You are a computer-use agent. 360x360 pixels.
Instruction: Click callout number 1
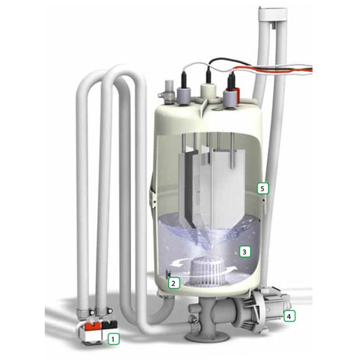[x=114, y=339]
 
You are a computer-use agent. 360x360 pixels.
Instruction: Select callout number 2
[x=174, y=283]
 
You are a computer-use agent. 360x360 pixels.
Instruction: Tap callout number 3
[x=245, y=252]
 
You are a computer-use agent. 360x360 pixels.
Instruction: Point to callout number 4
[x=289, y=316]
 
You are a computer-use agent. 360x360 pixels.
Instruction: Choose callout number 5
[x=263, y=189]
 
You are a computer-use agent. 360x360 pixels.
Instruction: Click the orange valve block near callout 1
[x=93, y=326]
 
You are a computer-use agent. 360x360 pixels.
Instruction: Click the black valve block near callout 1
[x=110, y=325]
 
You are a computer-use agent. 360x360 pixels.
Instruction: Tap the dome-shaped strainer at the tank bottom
[x=209, y=272]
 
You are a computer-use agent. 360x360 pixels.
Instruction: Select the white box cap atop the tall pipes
[x=273, y=14]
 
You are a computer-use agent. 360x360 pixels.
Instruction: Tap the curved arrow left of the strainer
[x=178, y=263]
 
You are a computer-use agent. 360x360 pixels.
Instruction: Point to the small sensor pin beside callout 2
[x=168, y=273]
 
